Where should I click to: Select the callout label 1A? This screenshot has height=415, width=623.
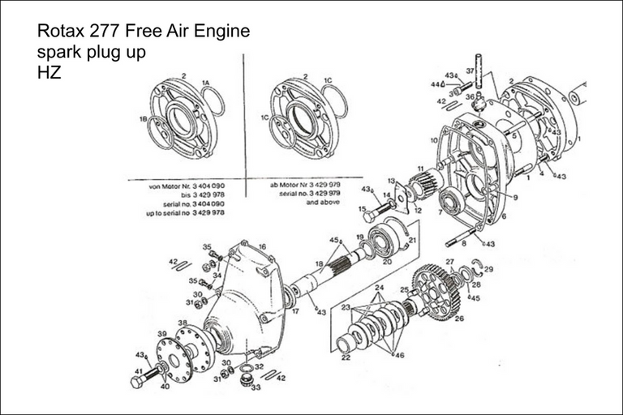[x=205, y=83]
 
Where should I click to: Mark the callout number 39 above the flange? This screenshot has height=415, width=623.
[x=161, y=334]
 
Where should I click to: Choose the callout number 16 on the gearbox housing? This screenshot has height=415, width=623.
[x=262, y=246]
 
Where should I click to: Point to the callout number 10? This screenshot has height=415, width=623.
[x=434, y=139]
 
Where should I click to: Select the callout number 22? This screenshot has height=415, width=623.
[x=345, y=357]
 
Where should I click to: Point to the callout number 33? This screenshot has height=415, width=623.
[x=256, y=387]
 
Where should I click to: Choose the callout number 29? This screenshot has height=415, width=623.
[x=489, y=268]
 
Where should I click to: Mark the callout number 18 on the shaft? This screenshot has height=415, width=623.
[x=319, y=265]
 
